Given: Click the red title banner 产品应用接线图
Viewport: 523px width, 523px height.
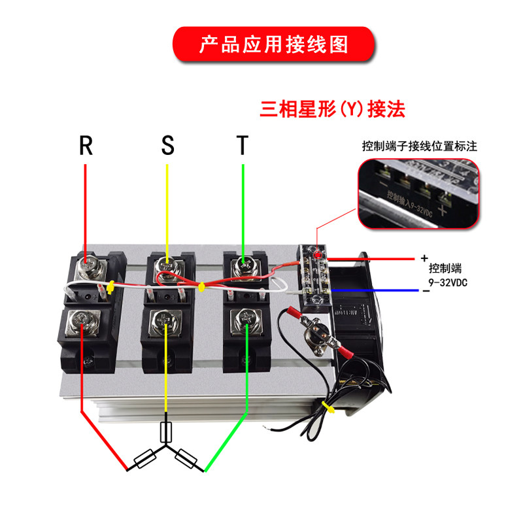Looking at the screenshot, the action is coord(274,44).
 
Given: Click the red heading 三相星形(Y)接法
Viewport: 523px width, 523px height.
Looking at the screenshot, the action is coord(333,108).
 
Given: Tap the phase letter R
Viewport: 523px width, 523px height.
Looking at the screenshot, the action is coord(86,145).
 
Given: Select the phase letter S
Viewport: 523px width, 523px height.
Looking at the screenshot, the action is coord(168,145).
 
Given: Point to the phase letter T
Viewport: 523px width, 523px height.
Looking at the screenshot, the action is coord(243,145).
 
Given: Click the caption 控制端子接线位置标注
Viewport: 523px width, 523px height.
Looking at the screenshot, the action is coord(420,146).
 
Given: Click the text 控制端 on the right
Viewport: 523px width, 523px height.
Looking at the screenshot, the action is coord(445,269).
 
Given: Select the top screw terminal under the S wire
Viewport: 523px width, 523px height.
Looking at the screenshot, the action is coord(167,267).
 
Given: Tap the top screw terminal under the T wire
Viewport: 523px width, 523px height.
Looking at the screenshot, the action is coord(243,265).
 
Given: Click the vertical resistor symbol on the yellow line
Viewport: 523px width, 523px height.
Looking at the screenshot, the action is coord(166,432).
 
